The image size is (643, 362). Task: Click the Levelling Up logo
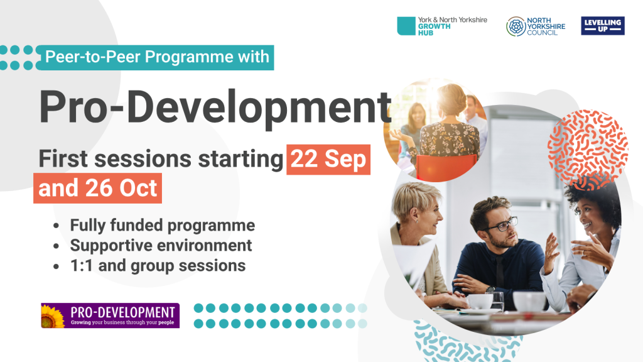click(x=602, y=26)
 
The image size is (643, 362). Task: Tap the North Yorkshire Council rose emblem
click(x=516, y=26)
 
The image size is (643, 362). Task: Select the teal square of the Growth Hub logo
click(x=406, y=26)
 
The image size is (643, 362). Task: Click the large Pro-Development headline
click(x=215, y=107)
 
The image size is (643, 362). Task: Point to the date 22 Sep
click(x=328, y=159)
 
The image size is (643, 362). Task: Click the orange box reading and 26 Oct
click(x=97, y=189)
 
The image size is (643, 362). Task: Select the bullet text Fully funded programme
click(x=163, y=226)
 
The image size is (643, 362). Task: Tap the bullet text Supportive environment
click(x=161, y=246)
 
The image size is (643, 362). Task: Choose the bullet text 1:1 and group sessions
click(x=158, y=266)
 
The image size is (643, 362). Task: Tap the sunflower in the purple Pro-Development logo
click(x=51, y=317)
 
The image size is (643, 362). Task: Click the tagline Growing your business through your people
click(x=122, y=322)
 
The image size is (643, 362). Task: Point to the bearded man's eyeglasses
click(x=502, y=225)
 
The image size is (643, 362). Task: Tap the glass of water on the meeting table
click(x=497, y=302)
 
